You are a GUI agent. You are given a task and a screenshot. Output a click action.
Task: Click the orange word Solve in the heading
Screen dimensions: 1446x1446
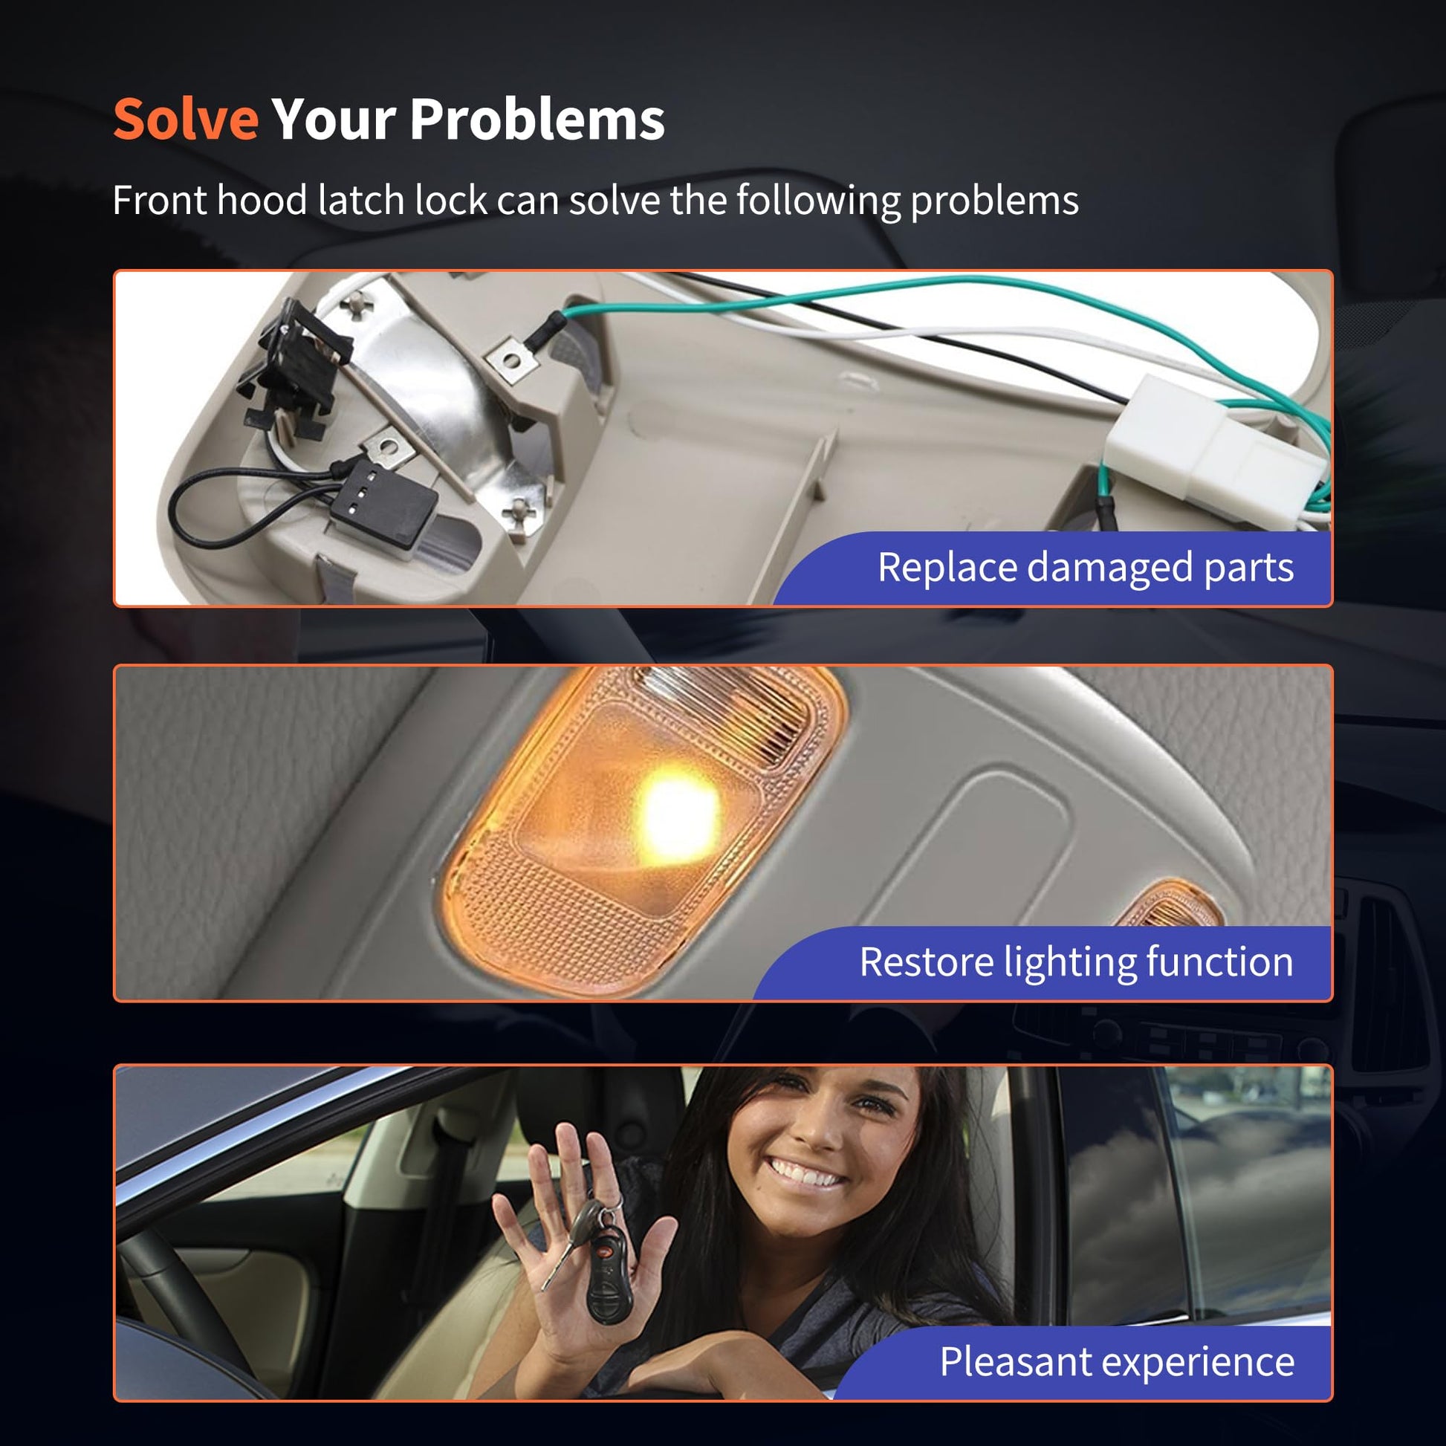click(186, 119)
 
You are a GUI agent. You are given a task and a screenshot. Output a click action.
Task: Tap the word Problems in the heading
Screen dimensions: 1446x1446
click(537, 119)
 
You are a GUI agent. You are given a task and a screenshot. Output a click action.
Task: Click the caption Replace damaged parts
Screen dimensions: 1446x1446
click(1086, 568)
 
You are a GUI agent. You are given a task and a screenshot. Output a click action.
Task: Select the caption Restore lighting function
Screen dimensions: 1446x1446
click(1076, 962)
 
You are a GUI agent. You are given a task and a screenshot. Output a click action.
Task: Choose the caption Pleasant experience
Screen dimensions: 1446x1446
click(1118, 1362)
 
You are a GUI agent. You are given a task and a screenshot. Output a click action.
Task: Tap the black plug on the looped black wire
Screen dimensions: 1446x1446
click(383, 501)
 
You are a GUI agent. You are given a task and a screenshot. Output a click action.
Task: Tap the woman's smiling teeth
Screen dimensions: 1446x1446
click(805, 1173)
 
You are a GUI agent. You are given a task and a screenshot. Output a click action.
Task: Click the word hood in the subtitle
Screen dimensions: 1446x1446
click(262, 200)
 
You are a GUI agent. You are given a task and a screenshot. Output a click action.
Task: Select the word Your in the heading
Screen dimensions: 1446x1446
click(334, 119)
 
